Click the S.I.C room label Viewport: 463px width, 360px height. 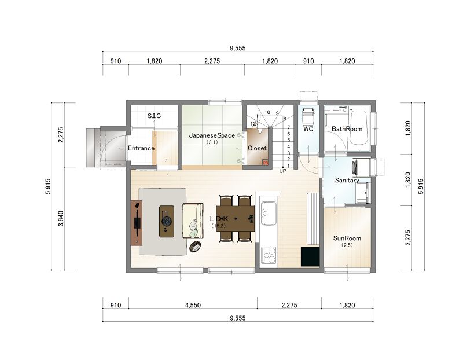154,116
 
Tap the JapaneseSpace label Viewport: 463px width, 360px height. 212,135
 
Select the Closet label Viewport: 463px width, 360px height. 257,148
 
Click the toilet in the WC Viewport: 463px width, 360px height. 308,114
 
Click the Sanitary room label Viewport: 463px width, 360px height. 347,180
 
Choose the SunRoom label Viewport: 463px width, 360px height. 347,238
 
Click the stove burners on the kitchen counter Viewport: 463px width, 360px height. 269,255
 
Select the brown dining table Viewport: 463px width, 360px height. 236,218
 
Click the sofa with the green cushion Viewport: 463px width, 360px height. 193,221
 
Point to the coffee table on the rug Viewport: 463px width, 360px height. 167,221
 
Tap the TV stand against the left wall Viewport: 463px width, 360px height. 137,222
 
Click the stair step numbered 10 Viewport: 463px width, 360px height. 267,112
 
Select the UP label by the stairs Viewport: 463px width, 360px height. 282,171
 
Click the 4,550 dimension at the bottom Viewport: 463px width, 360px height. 193,305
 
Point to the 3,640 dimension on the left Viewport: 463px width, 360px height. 61,218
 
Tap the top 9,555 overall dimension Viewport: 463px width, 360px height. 238,48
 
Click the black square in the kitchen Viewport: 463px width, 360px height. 310,256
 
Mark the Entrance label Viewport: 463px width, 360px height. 141,148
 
